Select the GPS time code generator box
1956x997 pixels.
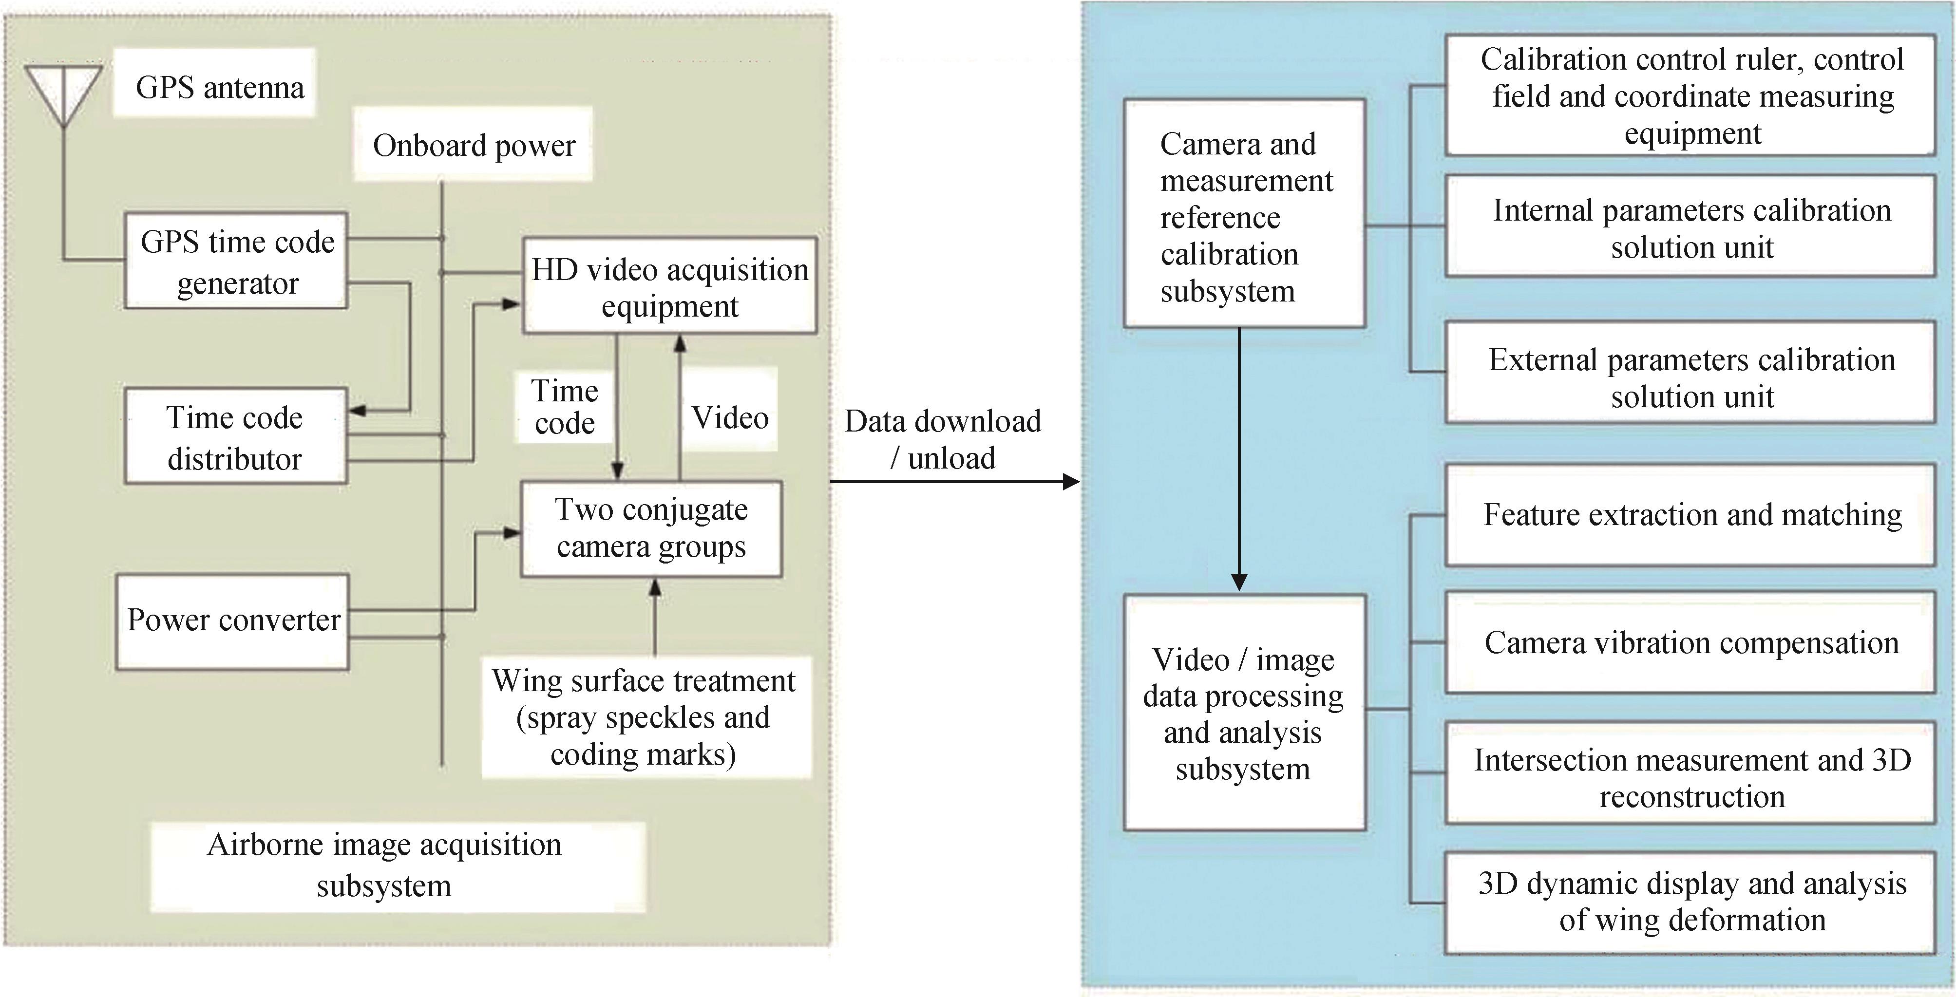236,261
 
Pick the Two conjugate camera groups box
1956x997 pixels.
651,528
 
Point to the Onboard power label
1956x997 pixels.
474,146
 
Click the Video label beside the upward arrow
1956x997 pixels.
730,417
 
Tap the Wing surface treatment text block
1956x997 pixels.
644,717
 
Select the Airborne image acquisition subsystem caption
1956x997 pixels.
384,865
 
